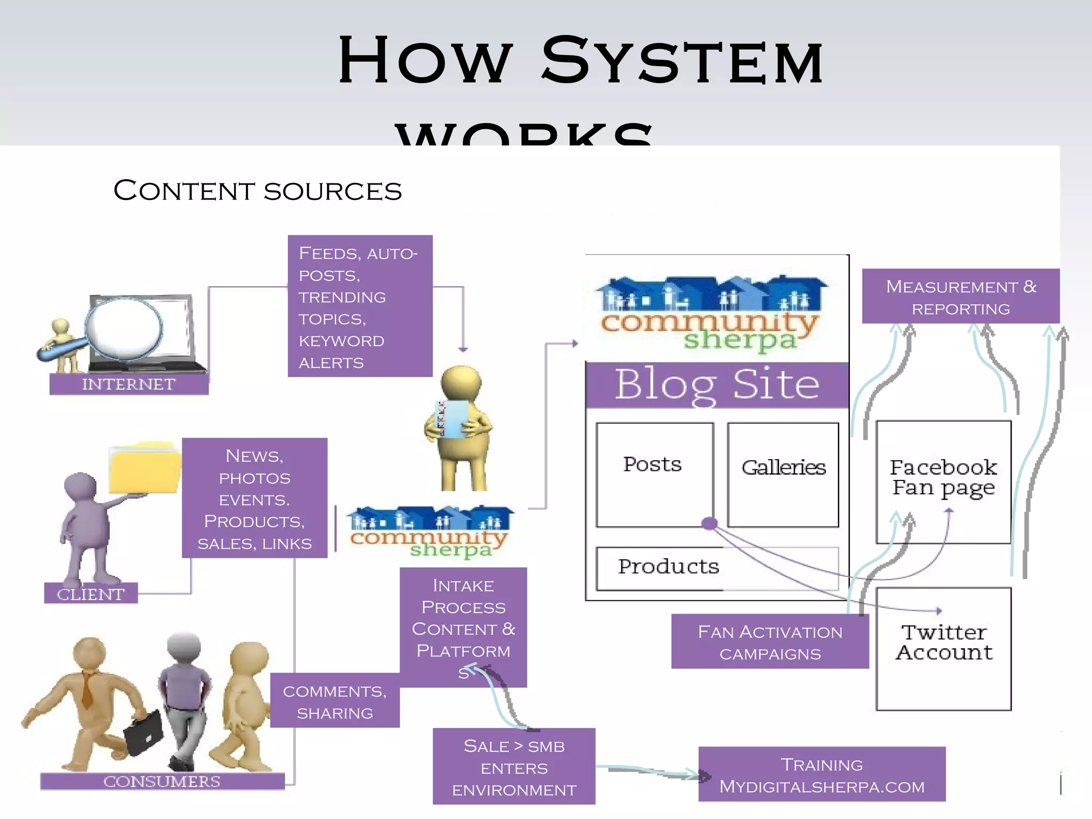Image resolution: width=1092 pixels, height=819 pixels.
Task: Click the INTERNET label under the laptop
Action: pos(129,384)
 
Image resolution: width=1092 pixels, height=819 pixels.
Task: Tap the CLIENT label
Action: pos(91,593)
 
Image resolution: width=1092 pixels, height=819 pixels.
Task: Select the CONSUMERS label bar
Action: pos(162,781)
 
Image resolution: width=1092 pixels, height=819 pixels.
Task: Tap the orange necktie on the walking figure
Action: pos(87,690)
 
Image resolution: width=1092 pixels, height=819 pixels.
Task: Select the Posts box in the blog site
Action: pos(654,475)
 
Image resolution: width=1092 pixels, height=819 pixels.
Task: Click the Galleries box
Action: pos(783,475)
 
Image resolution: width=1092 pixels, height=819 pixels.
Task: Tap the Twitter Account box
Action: pos(943,648)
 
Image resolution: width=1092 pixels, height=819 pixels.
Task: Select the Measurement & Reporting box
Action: pos(960,296)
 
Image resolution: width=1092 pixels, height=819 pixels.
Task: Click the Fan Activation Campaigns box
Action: pos(769,641)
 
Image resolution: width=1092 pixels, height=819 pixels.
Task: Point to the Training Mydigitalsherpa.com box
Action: pos(821,774)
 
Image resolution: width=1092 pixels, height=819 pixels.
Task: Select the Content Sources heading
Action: pos(258,191)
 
